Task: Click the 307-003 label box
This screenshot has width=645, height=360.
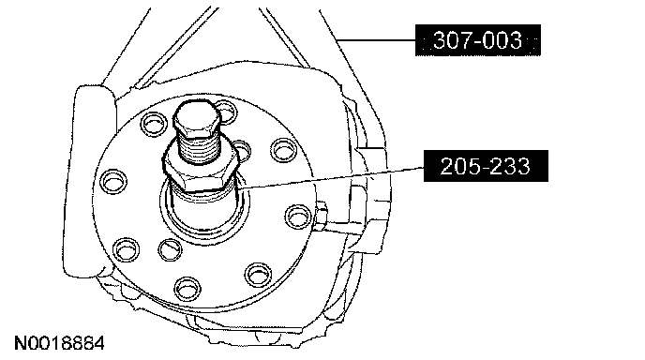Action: pos(477,40)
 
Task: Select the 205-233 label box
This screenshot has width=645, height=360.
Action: pos(486,166)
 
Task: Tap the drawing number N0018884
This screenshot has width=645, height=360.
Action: pos(60,343)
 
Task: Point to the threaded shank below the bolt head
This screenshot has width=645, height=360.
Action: pos(200,149)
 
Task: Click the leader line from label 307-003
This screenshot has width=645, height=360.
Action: pos(376,40)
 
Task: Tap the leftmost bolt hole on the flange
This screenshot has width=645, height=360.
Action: pos(113,182)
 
